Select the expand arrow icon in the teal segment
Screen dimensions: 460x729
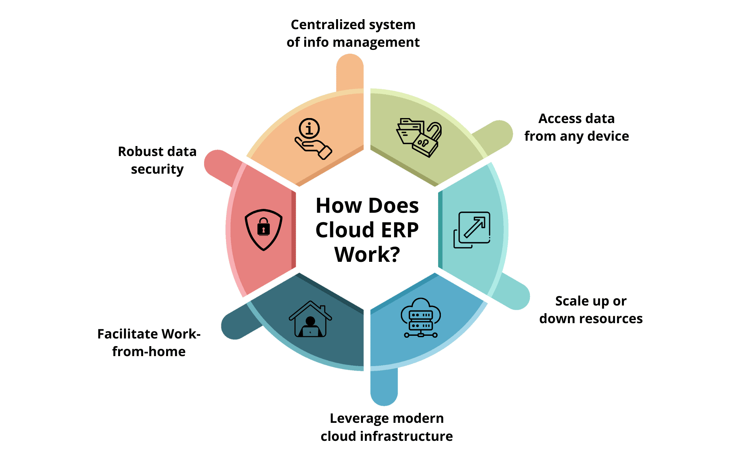click(472, 230)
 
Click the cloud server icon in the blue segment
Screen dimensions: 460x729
click(421, 318)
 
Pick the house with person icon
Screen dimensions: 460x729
click(310, 319)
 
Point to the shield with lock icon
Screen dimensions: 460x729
click(264, 229)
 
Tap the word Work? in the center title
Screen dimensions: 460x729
click(367, 255)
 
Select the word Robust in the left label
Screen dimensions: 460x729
click(135, 151)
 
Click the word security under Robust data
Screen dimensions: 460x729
click(157, 169)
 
